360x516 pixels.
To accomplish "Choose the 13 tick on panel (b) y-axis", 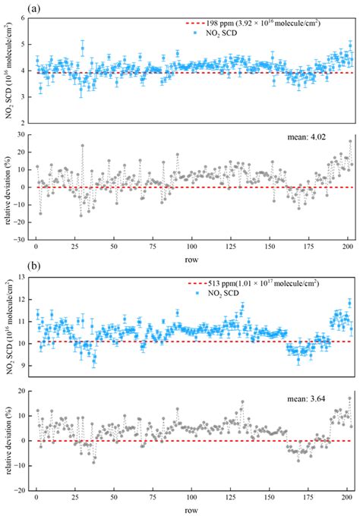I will pos(24,277).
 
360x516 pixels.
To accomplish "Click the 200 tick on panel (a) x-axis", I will pos(347,247).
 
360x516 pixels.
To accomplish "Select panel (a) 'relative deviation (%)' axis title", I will pos(8,186).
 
